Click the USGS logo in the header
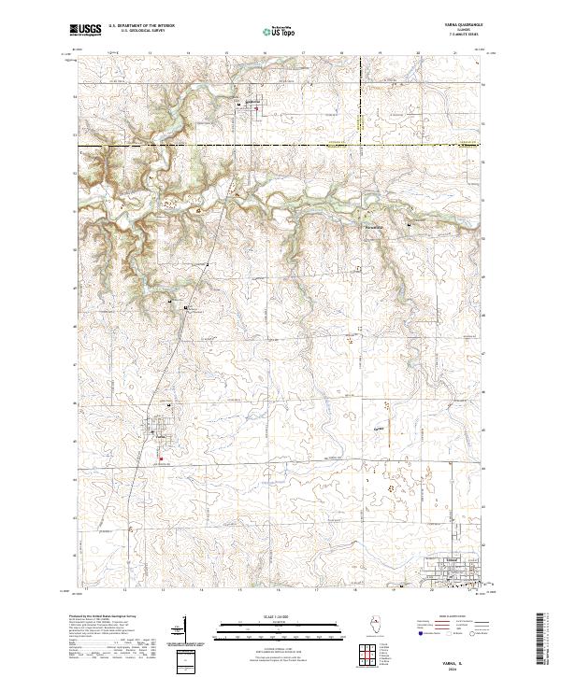[x=86, y=30]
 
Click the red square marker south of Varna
[x=159, y=458]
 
